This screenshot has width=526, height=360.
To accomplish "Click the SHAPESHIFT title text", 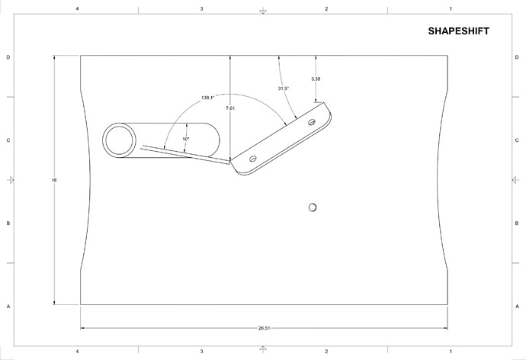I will [458, 31].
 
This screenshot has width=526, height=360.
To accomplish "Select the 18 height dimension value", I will [54, 180].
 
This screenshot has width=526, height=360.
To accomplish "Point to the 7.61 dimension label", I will [230, 109].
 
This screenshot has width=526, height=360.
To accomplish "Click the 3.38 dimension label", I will [316, 79].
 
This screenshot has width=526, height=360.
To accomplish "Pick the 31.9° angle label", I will [283, 88].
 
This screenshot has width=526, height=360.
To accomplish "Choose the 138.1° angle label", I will [207, 98].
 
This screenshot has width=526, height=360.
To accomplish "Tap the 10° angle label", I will [185, 139].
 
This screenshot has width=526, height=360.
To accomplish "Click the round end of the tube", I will [120, 140].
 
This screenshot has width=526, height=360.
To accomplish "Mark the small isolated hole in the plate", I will [313, 207].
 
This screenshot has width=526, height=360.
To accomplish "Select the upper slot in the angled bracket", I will [311, 122].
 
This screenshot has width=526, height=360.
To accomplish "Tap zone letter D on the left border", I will [8, 57].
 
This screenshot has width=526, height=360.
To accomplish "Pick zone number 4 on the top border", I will [77, 9].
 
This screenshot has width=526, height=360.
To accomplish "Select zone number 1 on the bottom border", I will [451, 352].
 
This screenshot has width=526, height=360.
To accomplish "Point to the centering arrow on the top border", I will [263, 11].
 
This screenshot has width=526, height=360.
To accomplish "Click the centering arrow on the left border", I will [9, 180].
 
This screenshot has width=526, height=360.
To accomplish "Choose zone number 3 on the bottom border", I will [201, 352].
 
